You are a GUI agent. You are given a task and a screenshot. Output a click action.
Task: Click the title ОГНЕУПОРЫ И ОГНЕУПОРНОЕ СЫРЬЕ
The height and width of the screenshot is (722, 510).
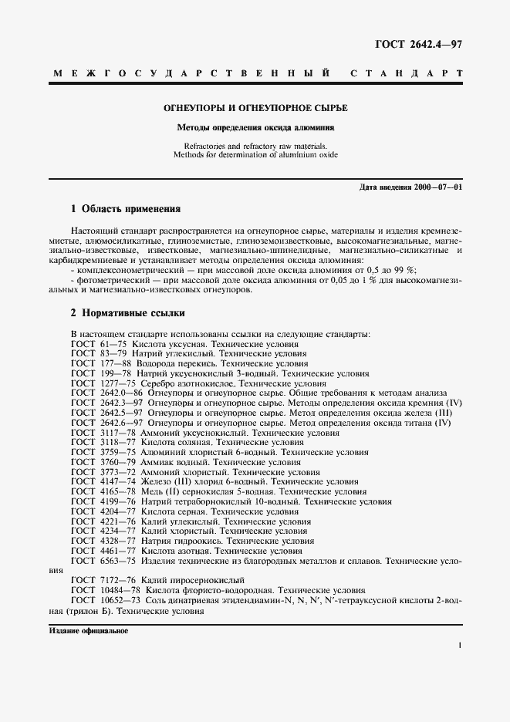(255, 109)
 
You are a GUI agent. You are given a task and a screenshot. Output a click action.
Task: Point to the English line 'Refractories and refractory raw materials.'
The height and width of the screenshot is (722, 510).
(255, 145)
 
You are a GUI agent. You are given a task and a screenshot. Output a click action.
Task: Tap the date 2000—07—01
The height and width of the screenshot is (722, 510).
(436, 189)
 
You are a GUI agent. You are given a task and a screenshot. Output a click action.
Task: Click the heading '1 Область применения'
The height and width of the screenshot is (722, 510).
(126, 209)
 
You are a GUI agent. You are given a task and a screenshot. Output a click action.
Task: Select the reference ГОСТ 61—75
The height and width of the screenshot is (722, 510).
(99, 344)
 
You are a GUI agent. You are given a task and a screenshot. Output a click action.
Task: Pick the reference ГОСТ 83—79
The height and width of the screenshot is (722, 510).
(99, 354)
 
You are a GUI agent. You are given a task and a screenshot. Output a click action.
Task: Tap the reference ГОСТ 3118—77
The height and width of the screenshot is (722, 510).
(103, 443)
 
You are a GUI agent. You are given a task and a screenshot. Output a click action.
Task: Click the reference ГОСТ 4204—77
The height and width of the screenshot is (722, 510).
(103, 512)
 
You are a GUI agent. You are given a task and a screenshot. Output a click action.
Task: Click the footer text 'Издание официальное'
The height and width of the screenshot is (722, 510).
(88, 630)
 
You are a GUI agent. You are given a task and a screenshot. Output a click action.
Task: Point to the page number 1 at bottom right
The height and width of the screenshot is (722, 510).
(459, 647)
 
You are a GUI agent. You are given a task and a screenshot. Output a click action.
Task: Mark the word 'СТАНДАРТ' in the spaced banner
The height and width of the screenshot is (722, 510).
(406, 75)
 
